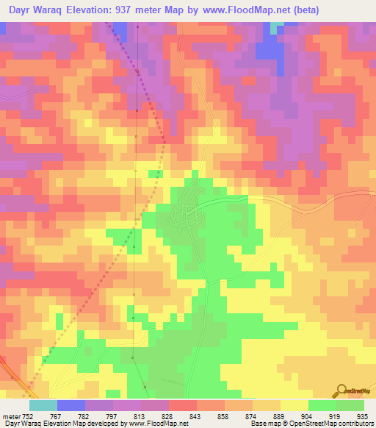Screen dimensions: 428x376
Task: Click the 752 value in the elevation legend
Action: pyautogui.click(x=28, y=415)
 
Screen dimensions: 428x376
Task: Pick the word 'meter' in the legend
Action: pyautogui.click(x=10, y=415)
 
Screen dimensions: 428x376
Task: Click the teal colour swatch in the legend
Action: pyautogui.click(x=43, y=405)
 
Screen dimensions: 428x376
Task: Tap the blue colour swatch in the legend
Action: pyautogui.click(x=70, y=405)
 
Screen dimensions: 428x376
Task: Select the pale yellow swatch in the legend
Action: pyautogui.click(x=294, y=405)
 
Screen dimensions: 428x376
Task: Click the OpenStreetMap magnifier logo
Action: pyautogui.click(x=341, y=390)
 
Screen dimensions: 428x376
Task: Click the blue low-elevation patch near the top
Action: pyautogui.click(x=269, y=49)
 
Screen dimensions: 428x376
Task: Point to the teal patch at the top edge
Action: pyautogui.click(x=275, y=26)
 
